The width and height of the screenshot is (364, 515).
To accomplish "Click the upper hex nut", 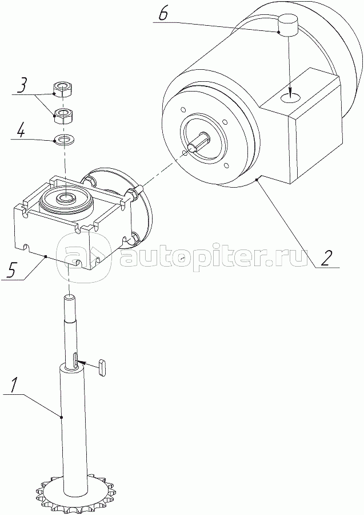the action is point(63,89).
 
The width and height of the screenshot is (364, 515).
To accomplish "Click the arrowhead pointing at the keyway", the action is point(82,363).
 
